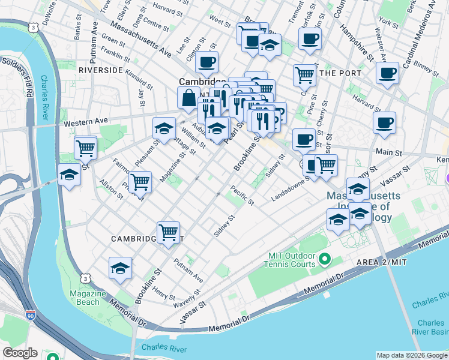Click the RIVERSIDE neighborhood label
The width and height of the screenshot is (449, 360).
click(101, 70)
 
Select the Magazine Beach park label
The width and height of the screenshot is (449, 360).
click(84, 298)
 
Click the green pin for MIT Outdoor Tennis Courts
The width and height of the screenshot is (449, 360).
click(325, 259)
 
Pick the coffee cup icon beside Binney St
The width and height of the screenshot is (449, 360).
click(387, 73)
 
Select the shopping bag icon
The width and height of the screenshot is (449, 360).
click(188, 98)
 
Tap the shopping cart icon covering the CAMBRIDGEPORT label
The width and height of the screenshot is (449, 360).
click(168, 232)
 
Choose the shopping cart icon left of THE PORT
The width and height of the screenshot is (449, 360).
click(304, 75)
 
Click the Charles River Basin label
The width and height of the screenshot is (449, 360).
click(432, 327)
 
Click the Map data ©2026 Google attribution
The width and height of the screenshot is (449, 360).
click(411, 355)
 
